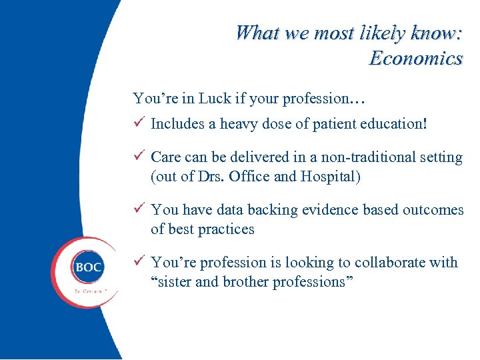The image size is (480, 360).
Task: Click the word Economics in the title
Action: click(x=416, y=59)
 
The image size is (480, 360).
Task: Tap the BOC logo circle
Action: click(x=88, y=268)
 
